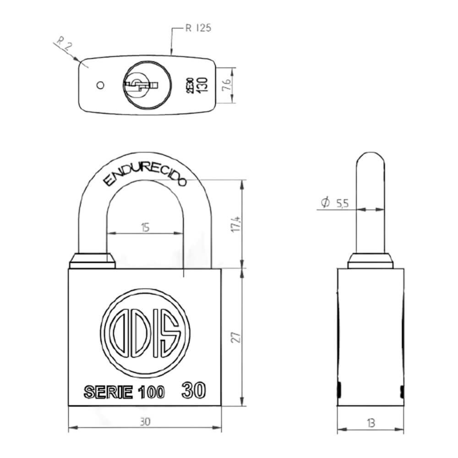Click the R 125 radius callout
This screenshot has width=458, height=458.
pos(198,28)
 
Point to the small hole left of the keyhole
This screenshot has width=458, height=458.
pos(100,85)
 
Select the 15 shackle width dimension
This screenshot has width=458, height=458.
pos(145,227)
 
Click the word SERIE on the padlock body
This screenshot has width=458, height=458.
pos(108,393)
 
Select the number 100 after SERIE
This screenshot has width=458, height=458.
pos(151,393)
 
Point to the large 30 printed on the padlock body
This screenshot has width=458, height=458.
pos(193,390)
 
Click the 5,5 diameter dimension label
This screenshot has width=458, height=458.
pos(341,203)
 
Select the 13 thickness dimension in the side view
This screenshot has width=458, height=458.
pos(371,423)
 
